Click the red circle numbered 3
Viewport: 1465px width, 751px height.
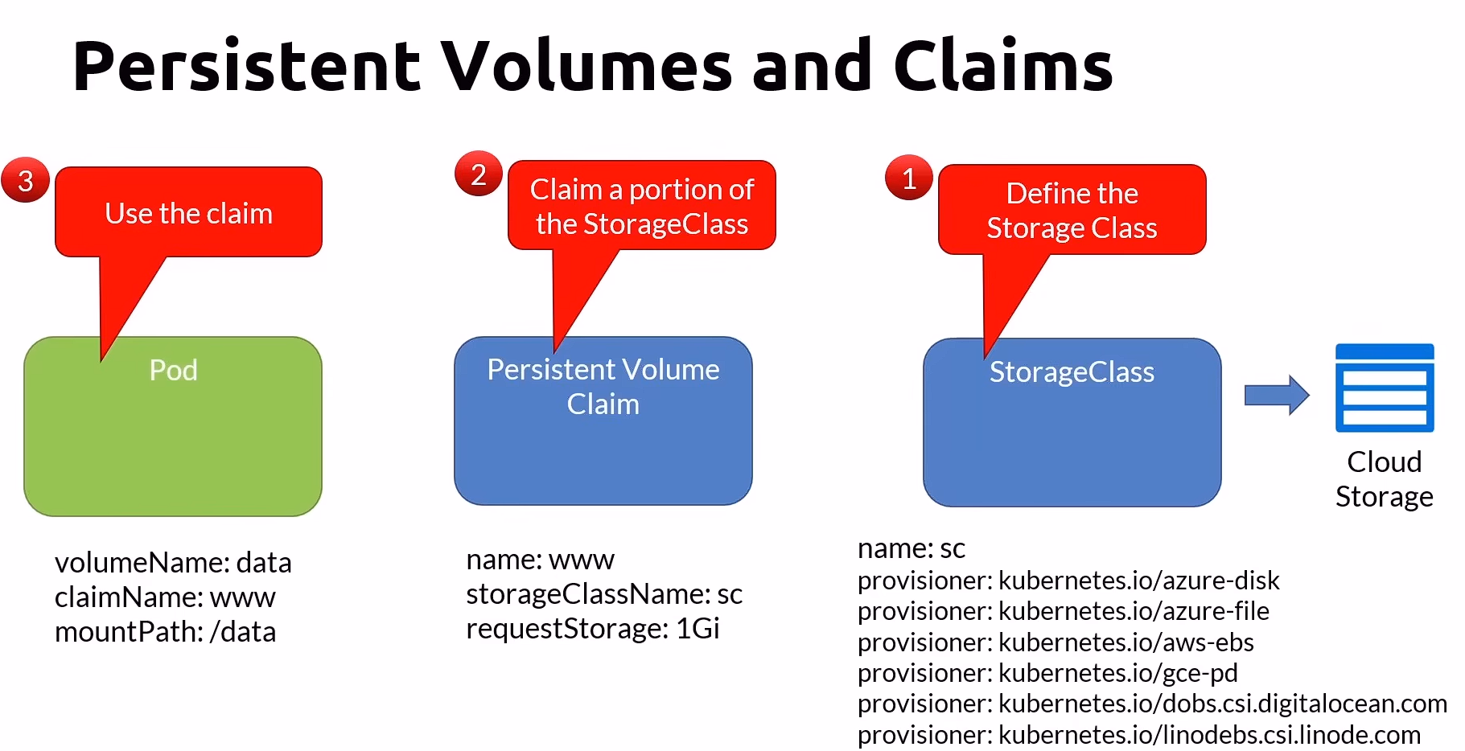[x=26, y=180]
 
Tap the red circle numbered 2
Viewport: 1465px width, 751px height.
[x=479, y=174]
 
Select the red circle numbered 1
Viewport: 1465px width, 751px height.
[x=909, y=178]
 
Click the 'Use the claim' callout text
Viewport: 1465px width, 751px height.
[x=189, y=214]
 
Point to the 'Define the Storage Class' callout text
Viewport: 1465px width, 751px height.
[x=1072, y=211]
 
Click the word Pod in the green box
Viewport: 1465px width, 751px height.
[x=173, y=370]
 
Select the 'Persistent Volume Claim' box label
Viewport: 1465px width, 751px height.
[x=603, y=386]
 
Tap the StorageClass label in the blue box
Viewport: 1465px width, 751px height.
[x=1072, y=372]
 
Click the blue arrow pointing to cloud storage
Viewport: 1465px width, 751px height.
[x=1277, y=395]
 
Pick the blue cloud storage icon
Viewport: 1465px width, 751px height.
[x=1384, y=388]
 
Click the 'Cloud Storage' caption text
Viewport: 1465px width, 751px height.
[x=1384, y=479]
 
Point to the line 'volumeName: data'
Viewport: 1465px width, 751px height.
[x=173, y=563]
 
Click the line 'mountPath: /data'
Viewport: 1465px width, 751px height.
[x=165, y=632]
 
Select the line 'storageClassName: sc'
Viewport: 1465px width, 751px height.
[x=604, y=594]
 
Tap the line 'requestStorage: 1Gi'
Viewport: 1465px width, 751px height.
[x=592, y=629]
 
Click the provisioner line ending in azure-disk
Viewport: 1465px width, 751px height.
[x=1068, y=581]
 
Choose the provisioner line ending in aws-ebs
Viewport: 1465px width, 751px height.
[x=1056, y=642]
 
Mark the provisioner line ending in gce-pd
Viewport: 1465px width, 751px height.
[x=1047, y=673]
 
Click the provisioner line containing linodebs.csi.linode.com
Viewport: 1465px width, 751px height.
[x=1138, y=735]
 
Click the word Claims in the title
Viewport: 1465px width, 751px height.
[x=1002, y=66]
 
